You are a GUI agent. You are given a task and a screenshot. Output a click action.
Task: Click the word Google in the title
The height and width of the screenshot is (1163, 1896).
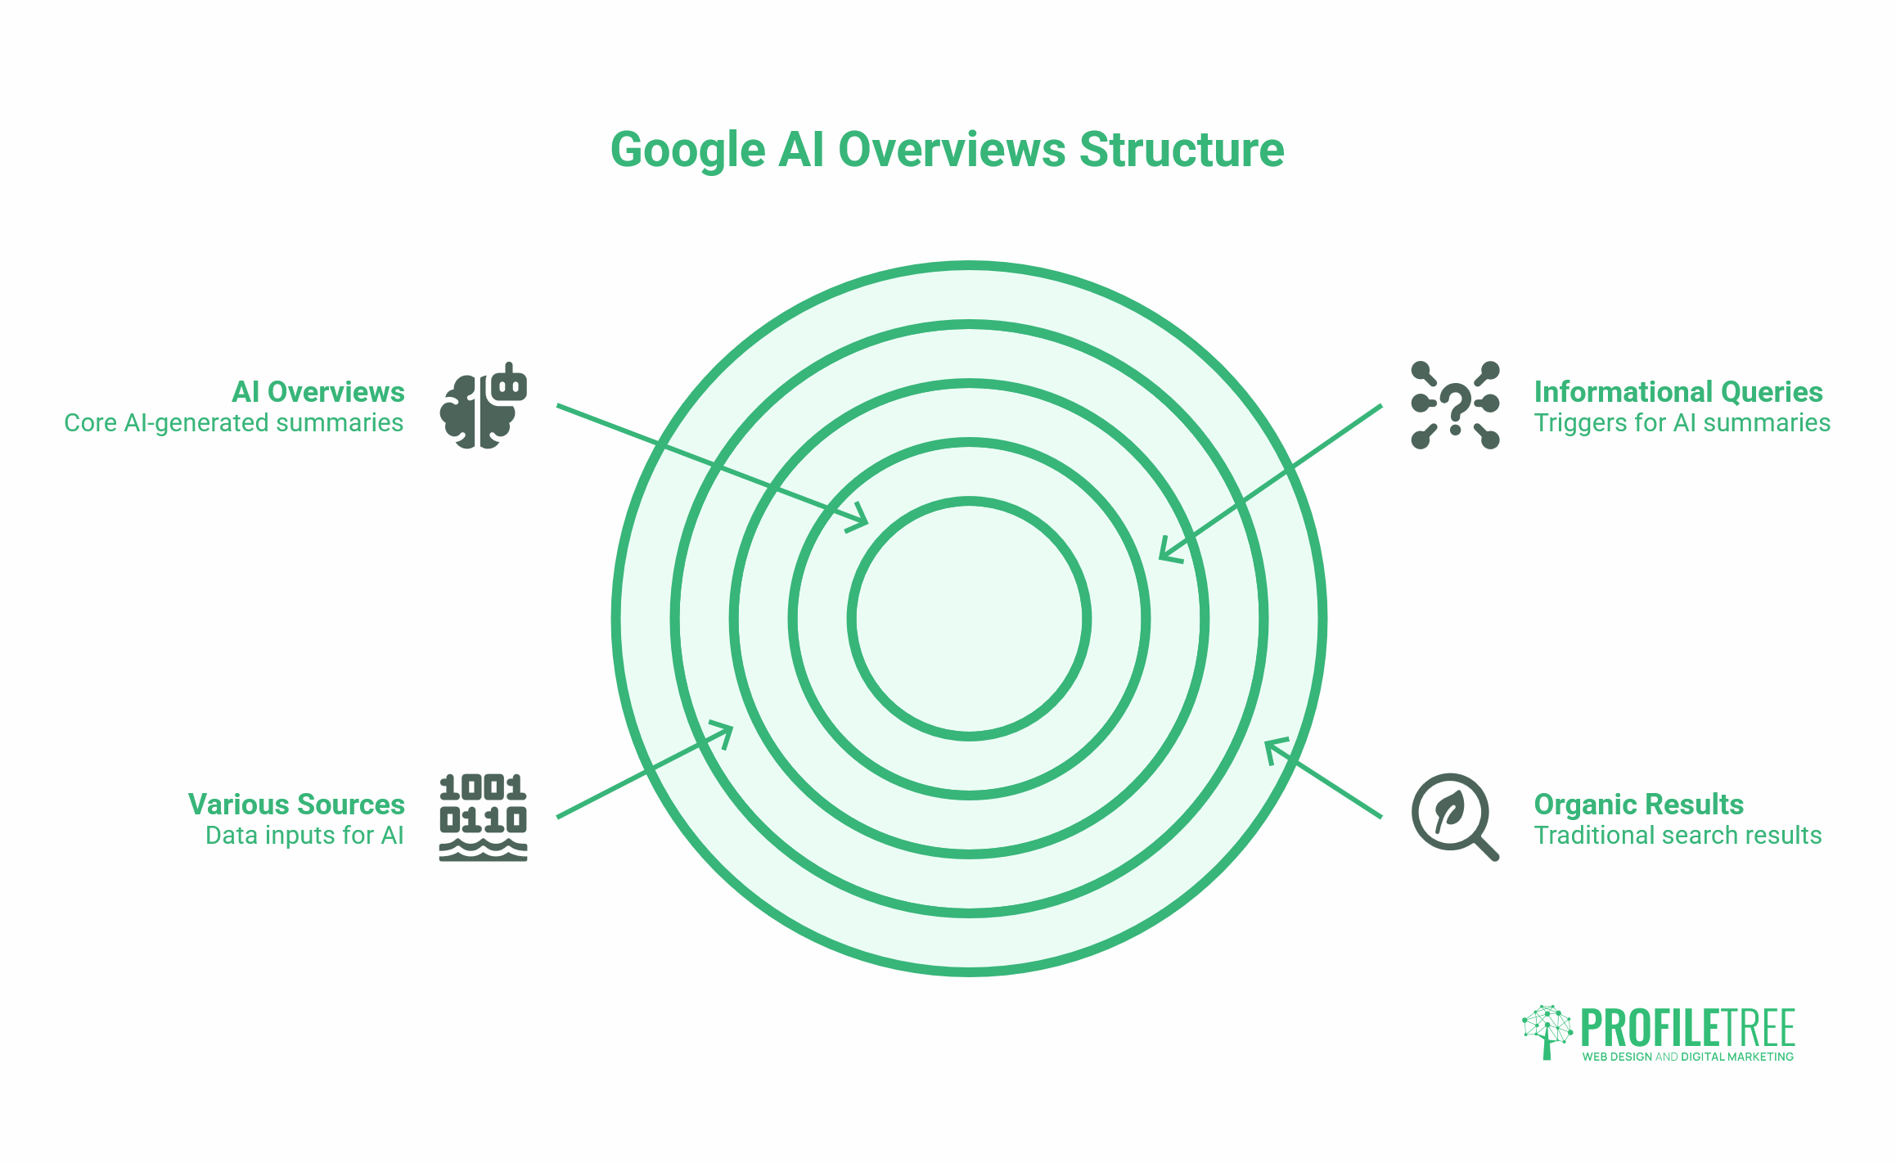coord(688,151)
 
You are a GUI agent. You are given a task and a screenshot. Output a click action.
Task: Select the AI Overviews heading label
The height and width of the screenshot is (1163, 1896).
coord(318,392)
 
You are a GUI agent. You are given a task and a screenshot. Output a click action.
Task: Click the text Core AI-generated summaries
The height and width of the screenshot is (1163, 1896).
coord(234,423)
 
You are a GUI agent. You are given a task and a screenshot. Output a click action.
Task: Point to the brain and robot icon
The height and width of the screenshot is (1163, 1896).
coord(483,405)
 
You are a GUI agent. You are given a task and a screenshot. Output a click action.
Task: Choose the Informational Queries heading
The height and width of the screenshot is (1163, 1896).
coord(1678,392)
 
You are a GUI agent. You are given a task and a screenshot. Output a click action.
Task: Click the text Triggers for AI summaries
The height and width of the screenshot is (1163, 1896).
coord(1682,423)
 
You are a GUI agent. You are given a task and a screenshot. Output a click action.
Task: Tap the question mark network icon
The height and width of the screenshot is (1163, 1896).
coord(1455,405)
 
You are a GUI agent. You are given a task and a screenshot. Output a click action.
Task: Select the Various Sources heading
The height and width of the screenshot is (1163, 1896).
coord(296,805)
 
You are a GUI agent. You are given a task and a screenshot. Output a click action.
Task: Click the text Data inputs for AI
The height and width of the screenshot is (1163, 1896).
coord(304,836)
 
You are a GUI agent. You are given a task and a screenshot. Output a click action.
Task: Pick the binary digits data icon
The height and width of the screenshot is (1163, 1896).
coord(483,817)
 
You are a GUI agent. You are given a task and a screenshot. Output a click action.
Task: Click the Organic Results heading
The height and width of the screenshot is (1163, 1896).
coord(1638,805)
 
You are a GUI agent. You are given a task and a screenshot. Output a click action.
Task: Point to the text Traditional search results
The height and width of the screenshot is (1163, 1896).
coord(1678,836)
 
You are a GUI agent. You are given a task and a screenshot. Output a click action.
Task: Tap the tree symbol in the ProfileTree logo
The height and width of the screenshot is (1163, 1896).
coord(1547,1031)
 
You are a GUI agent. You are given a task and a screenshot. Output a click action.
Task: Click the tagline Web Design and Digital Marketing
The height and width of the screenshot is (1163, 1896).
coord(1687,1057)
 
